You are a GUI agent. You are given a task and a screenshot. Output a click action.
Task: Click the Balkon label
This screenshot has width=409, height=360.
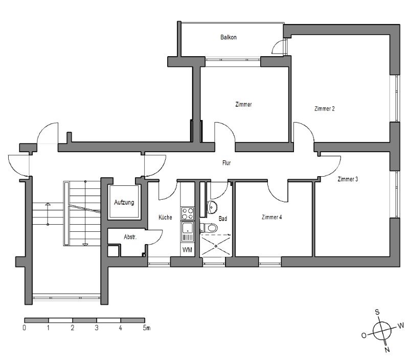pyautogui.click(x=229, y=37)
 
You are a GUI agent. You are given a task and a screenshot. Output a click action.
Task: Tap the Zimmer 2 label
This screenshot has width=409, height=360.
pyautogui.click(x=325, y=109)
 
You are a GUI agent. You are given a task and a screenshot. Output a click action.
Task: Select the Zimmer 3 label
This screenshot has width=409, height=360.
pyautogui.click(x=348, y=179)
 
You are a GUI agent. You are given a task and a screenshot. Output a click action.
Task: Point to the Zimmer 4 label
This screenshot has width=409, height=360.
pyautogui.click(x=272, y=217)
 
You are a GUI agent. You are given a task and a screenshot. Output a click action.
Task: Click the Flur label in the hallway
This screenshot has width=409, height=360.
pyautogui.click(x=226, y=163)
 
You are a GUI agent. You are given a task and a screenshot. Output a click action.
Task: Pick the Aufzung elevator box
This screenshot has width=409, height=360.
pyautogui.click(x=124, y=202)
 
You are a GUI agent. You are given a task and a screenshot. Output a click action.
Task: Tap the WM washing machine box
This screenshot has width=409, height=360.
pyautogui.click(x=187, y=250)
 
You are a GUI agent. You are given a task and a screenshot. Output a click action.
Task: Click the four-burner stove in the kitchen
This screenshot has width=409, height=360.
pyautogui.click(x=188, y=213)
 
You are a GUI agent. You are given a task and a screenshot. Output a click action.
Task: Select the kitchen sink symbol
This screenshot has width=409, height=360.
pyautogui.click(x=188, y=231)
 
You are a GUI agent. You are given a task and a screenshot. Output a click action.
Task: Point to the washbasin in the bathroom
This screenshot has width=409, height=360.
pyautogui.click(x=212, y=207)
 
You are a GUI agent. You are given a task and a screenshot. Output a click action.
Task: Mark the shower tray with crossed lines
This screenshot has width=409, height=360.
pyautogui.click(x=216, y=246)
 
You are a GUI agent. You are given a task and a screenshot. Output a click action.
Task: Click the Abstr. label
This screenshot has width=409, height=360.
pyautogui.click(x=130, y=237)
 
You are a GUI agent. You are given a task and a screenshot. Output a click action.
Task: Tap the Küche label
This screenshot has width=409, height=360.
pyautogui.click(x=165, y=217)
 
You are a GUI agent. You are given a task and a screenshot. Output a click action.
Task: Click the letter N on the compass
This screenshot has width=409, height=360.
pyautogui.click(x=387, y=349)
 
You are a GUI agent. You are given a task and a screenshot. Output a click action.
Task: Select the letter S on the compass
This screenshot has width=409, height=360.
pyautogui.click(x=377, y=312)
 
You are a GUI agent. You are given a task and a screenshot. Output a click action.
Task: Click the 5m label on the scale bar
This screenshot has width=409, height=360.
pyautogui.click(x=147, y=328)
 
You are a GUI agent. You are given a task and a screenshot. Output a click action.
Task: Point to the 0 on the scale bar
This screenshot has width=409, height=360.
pyautogui.click(x=24, y=328)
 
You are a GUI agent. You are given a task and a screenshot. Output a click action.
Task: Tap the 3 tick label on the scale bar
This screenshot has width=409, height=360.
pyautogui.click(x=97, y=328)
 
